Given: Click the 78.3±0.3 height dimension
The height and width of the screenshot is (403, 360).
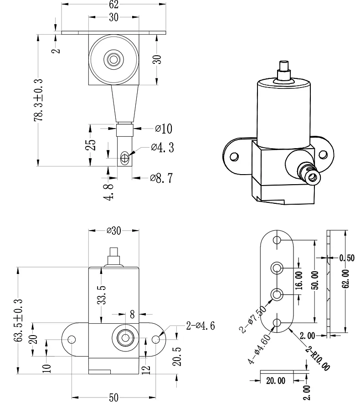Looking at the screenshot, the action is pyautogui.click(x=39, y=100).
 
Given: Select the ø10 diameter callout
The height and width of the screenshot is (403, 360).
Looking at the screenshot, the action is pyautogui.click(x=164, y=128).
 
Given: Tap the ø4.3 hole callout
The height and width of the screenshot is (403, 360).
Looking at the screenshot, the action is pyautogui.click(x=162, y=148).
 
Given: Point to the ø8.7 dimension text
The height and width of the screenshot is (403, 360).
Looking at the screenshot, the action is pyautogui.click(x=161, y=178).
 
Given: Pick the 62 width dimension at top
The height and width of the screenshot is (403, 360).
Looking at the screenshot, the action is pyautogui.click(x=113, y=5).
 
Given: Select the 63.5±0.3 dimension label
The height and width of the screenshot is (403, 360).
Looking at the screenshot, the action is pyautogui.click(x=18, y=320).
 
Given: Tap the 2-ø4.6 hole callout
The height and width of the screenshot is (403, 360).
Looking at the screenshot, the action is pyautogui.click(x=201, y=325).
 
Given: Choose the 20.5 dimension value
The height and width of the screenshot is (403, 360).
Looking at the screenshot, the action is pyautogui.click(x=177, y=356).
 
